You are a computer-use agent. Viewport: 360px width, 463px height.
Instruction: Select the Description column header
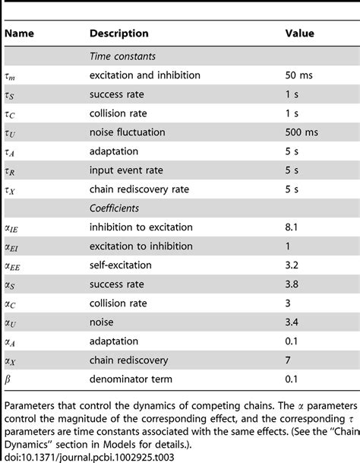click(x=119, y=34)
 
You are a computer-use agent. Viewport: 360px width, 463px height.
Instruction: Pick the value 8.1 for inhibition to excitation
click(x=292, y=227)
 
